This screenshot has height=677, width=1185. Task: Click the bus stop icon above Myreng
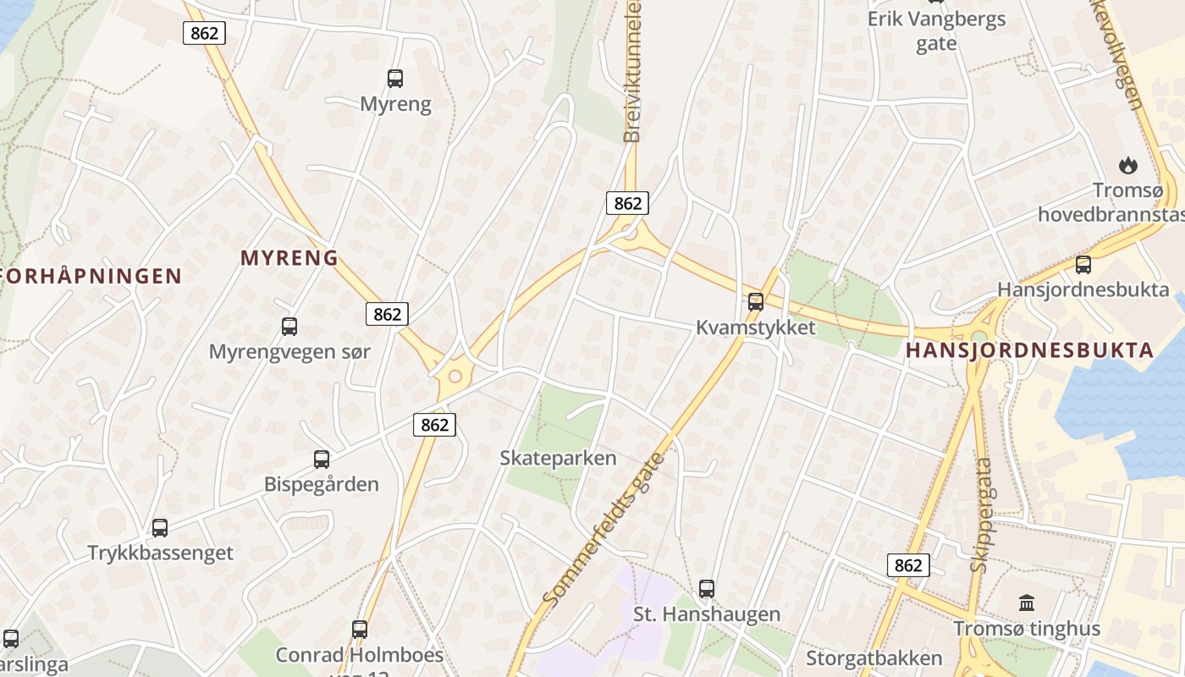click(x=395, y=79)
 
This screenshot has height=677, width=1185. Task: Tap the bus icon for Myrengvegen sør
click(x=289, y=326)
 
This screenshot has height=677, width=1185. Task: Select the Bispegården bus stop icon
click(x=322, y=460)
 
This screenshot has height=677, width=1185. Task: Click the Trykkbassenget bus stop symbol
click(x=160, y=528)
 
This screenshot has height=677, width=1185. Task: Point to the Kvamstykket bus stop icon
click(x=756, y=301)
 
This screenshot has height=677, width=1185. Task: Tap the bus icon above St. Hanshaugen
click(x=707, y=589)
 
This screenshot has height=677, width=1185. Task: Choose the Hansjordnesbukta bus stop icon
click(x=1083, y=265)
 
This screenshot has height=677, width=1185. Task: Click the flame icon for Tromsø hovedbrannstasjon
click(x=1127, y=165)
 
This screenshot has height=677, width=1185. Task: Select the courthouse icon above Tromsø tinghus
click(x=1027, y=603)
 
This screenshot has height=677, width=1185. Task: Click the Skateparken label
click(x=558, y=459)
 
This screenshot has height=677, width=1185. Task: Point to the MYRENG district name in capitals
click(x=289, y=258)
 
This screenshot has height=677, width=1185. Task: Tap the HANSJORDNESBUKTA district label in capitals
click(x=1030, y=350)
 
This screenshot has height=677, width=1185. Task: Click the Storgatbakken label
click(x=874, y=658)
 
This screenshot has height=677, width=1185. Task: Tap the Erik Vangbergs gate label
click(x=936, y=31)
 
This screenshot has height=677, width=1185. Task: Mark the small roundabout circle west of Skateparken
click(x=455, y=377)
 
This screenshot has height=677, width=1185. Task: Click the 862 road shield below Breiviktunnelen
click(x=627, y=203)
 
